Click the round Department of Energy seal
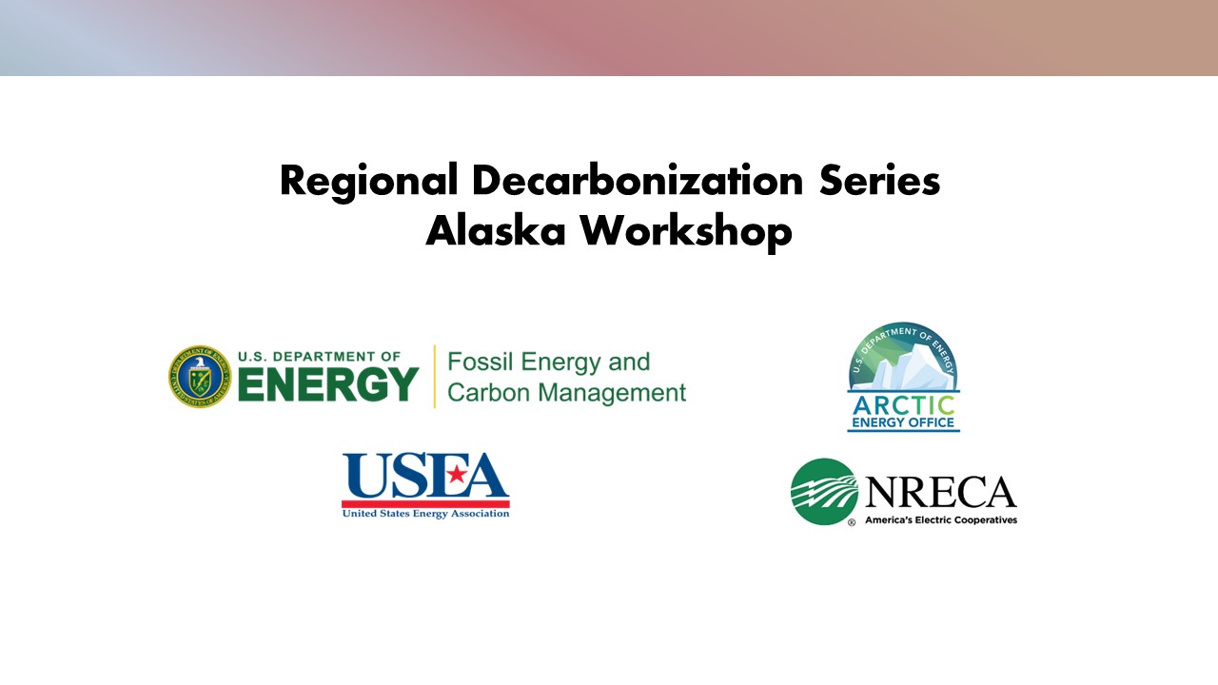(200, 377)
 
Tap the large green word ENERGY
(328, 383)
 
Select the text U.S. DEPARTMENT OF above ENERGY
(320, 357)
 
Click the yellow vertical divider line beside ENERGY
(435, 377)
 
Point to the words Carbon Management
(566, 393)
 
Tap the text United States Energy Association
(425, 514)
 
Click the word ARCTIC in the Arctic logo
(903, 403)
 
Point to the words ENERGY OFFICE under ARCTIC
(903, 422)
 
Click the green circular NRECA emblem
(825, 492)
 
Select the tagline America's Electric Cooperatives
(940, 520)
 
